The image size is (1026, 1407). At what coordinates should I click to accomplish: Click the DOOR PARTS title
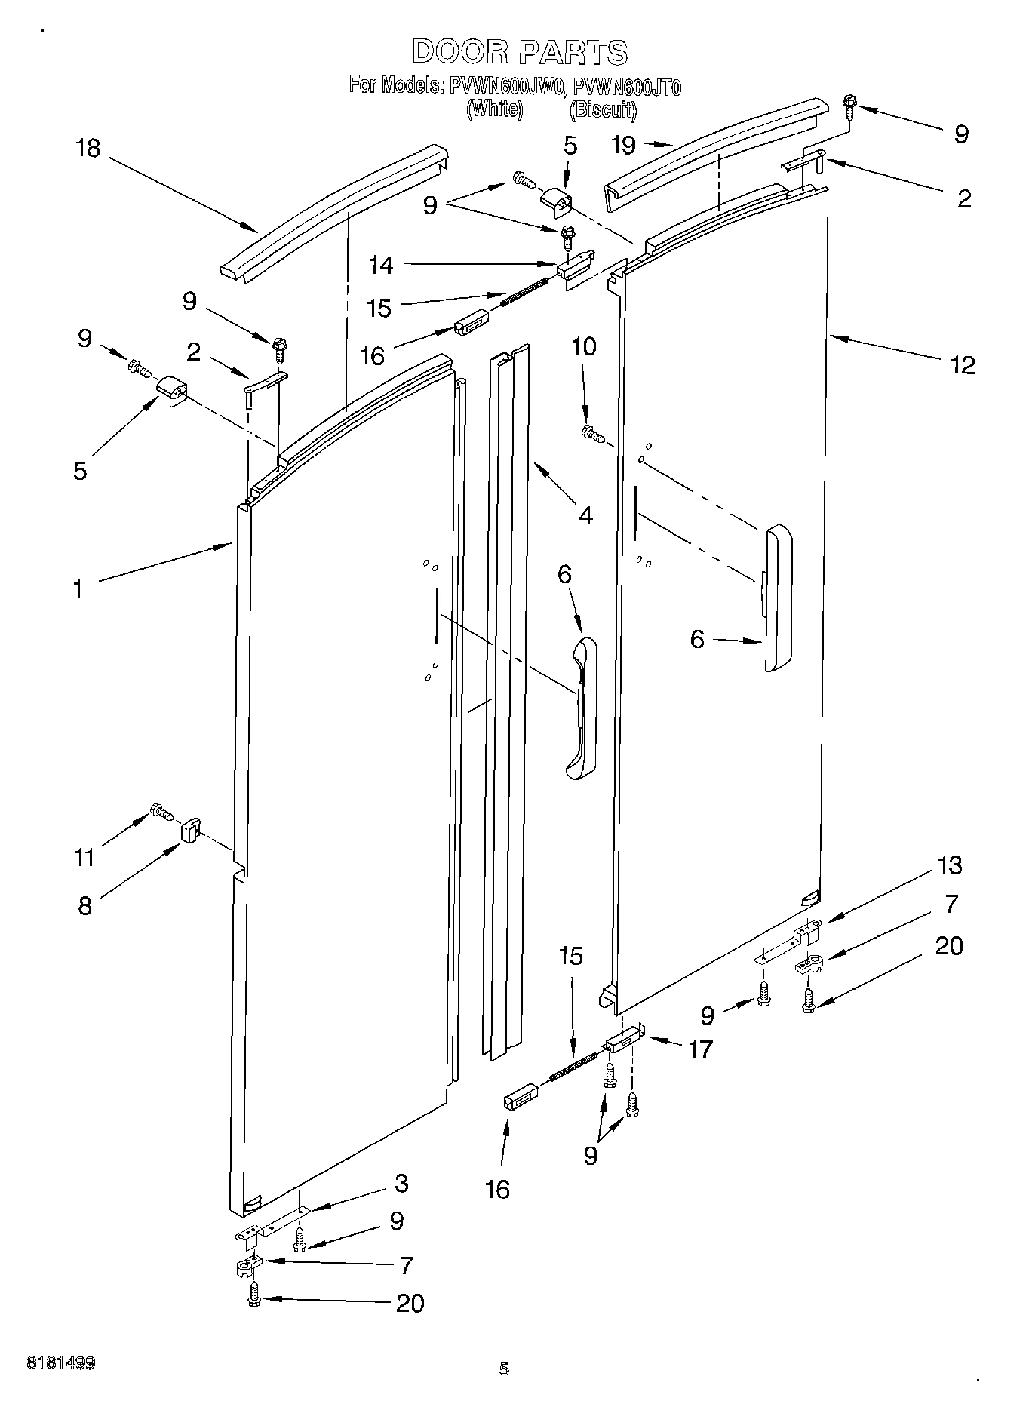coord(519,52)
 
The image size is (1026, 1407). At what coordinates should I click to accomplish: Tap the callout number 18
coord(88,148)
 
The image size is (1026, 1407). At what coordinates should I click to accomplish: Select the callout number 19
coord(623,145)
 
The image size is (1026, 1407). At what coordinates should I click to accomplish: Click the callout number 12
coord(963,365)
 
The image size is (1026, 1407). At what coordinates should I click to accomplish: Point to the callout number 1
coord(77,589)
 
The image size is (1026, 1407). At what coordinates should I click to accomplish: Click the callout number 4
coord(585,515)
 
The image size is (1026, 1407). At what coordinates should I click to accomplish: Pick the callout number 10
coord(584,347)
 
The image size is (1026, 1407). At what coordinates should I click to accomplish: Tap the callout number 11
coord(84,858)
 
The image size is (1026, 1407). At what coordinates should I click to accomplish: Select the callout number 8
coord(84,905)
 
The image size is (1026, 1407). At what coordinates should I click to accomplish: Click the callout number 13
coord(950,865)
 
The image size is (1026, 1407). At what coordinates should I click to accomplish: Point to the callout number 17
coord(700,1049)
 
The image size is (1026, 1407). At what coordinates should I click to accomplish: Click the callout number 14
coord(381,265)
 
